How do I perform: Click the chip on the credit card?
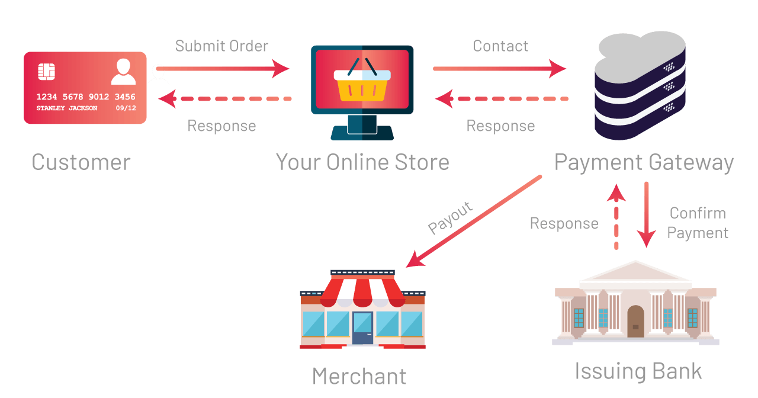point(46,72)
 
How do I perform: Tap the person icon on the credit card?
point(124,72)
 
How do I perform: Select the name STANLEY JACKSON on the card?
point(67,108)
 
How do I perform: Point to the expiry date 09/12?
point(126,108)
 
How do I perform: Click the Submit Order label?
point(221,46)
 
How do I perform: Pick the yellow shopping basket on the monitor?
point(362,82)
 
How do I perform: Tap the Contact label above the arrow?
point(500,46)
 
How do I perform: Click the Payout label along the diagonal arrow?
point(450,218)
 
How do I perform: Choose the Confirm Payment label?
point(698,223)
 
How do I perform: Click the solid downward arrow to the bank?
point(646,214)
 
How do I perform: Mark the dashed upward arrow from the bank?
point(616,217)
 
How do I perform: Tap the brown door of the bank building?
point(635,321)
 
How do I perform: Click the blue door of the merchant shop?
point(363,328)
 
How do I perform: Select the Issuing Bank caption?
point(638,372)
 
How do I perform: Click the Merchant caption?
point(359,376)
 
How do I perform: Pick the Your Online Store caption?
point(362,162)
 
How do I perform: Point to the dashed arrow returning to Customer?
point(225,99)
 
